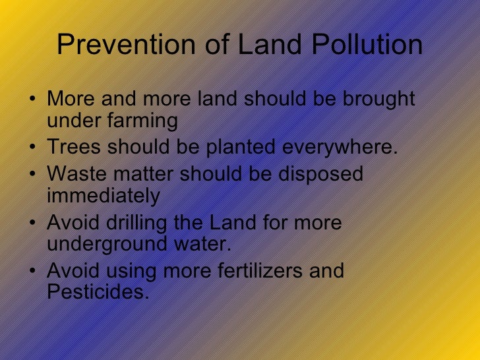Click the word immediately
coord(104,196)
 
